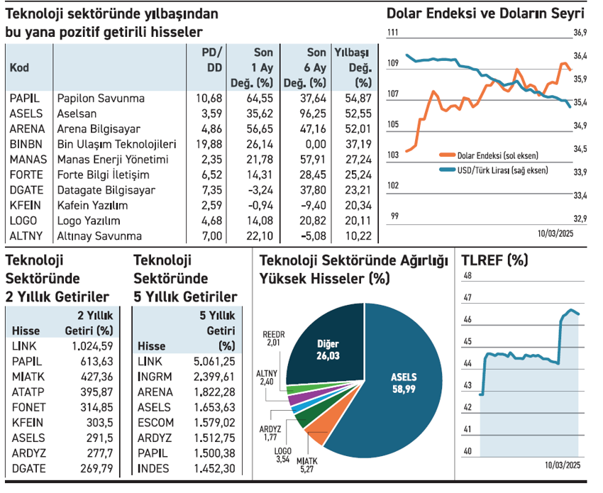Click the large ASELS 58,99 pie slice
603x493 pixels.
point(404,383)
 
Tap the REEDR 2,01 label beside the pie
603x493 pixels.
point(273,338)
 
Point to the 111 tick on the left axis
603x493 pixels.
point(393,33)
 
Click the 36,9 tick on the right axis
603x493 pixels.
point(580,33)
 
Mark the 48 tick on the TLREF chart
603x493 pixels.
point(467,276)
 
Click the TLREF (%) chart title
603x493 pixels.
point(494,260)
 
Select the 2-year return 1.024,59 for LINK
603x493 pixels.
point(92,346)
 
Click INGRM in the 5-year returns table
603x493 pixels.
point(154,377)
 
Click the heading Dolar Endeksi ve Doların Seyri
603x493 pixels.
point(486,13)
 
